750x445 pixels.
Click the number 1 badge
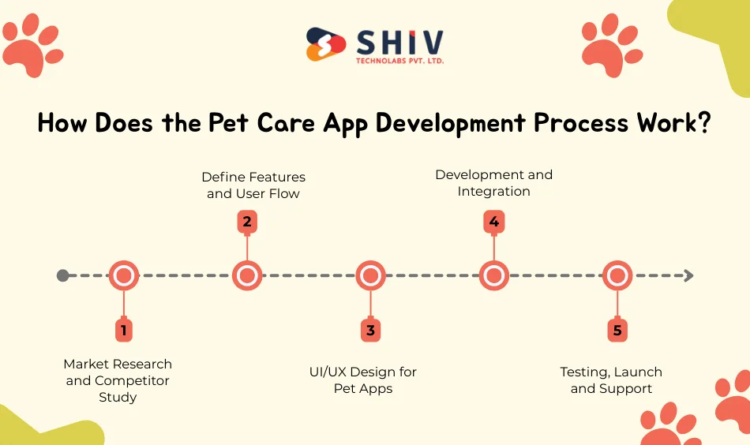pos(123,330)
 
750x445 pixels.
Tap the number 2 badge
pos(247,222)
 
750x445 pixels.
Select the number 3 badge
pos(370,330)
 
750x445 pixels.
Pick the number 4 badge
pos(494,222)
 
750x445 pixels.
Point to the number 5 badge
pos(617,330)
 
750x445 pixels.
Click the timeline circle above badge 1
pos(123,275)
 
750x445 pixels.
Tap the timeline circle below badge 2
pos(247,275)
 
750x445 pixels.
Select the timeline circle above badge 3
pos(370,275)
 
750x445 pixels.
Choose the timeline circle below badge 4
pos(494,275)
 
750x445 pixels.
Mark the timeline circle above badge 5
pos(617,275)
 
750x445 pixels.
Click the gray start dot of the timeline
pos(63,275)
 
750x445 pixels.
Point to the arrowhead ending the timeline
pos(688,275)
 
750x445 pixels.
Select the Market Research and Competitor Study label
pos(118,380)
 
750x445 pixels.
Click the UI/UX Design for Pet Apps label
pos(363,380)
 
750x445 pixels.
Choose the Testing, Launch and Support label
pos(611,380)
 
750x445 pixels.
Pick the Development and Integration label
pos(494,182)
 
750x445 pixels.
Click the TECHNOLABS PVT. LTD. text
pos(400,60)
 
